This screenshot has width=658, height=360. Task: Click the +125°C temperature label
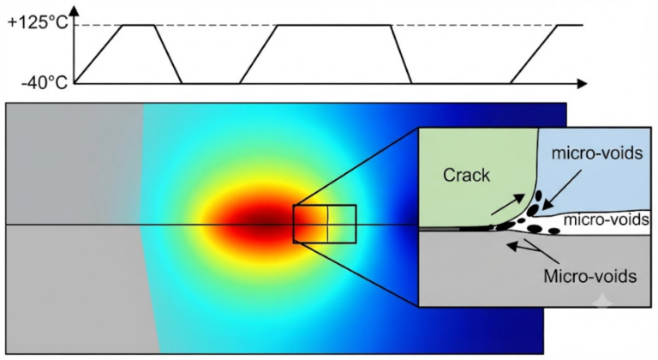coord(38,21)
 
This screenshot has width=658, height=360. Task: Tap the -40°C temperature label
coord(45,83)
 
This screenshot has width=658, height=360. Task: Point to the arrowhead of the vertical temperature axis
coord(75,10)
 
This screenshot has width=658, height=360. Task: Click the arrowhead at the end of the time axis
coord(582,84)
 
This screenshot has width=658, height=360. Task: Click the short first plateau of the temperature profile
coord(139,25)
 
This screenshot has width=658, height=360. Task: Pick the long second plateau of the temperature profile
coord(334,25)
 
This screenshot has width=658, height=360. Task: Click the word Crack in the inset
coord(466,175)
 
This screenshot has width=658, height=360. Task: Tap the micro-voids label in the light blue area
coord(596,153)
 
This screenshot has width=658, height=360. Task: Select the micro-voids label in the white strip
coord(606,219)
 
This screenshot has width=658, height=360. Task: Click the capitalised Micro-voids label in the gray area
coord(590,276)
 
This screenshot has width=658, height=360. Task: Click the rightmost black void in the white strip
coord(554,231)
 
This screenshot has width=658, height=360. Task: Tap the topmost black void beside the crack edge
coord(538,195)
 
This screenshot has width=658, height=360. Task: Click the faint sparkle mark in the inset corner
coord(603,302)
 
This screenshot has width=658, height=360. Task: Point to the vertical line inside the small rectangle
coord(328,224)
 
